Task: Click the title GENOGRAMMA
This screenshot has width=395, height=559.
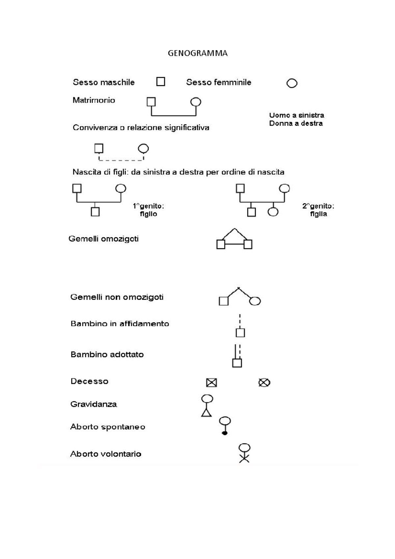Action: pyautogui.click(x=197, y=53)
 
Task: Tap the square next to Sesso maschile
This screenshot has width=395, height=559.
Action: pyautogui.click(x=161, y=81)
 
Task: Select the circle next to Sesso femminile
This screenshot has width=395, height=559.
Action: pyautogui.click(x=292, y=83)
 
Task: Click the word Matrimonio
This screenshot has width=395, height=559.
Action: pyautogui.click(x=94, y=100)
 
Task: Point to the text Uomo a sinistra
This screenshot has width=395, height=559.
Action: pyautogui.click(x=296, y=115)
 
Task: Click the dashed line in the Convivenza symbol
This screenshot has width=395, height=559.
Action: pyautogui.click(x=121, y=160)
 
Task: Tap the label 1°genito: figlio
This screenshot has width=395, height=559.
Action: pyautogui.click(x=148, y=210)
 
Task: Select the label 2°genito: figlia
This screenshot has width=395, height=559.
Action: pyautogui.click(x=318, y=210)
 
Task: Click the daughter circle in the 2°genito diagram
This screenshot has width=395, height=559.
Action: pyautogui.click(x=273, y=212)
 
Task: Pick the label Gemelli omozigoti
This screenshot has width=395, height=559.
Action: pyautogui.click(x=103, y=239)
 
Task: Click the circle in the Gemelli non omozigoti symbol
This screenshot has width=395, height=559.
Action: pyautogui.click(x=255, y=301)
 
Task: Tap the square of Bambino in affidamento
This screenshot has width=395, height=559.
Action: pyautogui.click(x=240, y=333)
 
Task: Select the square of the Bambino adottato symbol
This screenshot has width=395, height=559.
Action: pyautogui.click(x=237, y=363)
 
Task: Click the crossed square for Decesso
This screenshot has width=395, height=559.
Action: pyautogui.click(x=211, y=383)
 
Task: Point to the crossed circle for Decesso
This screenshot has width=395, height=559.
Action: pyautogui.click(x=264, y=383)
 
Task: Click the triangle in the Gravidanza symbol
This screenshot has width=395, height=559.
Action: pyautogui.click(x=206, y=413)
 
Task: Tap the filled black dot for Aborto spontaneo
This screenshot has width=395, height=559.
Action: pyautogui.click(x=225, y=433)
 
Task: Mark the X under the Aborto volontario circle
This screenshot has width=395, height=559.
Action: pyautogui.click(x=244, y=458)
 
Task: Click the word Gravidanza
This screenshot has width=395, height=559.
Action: pyautogui.click(x=93, y=404)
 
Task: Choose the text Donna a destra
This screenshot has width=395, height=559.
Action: pyautogui.click(x=296, y=123)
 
